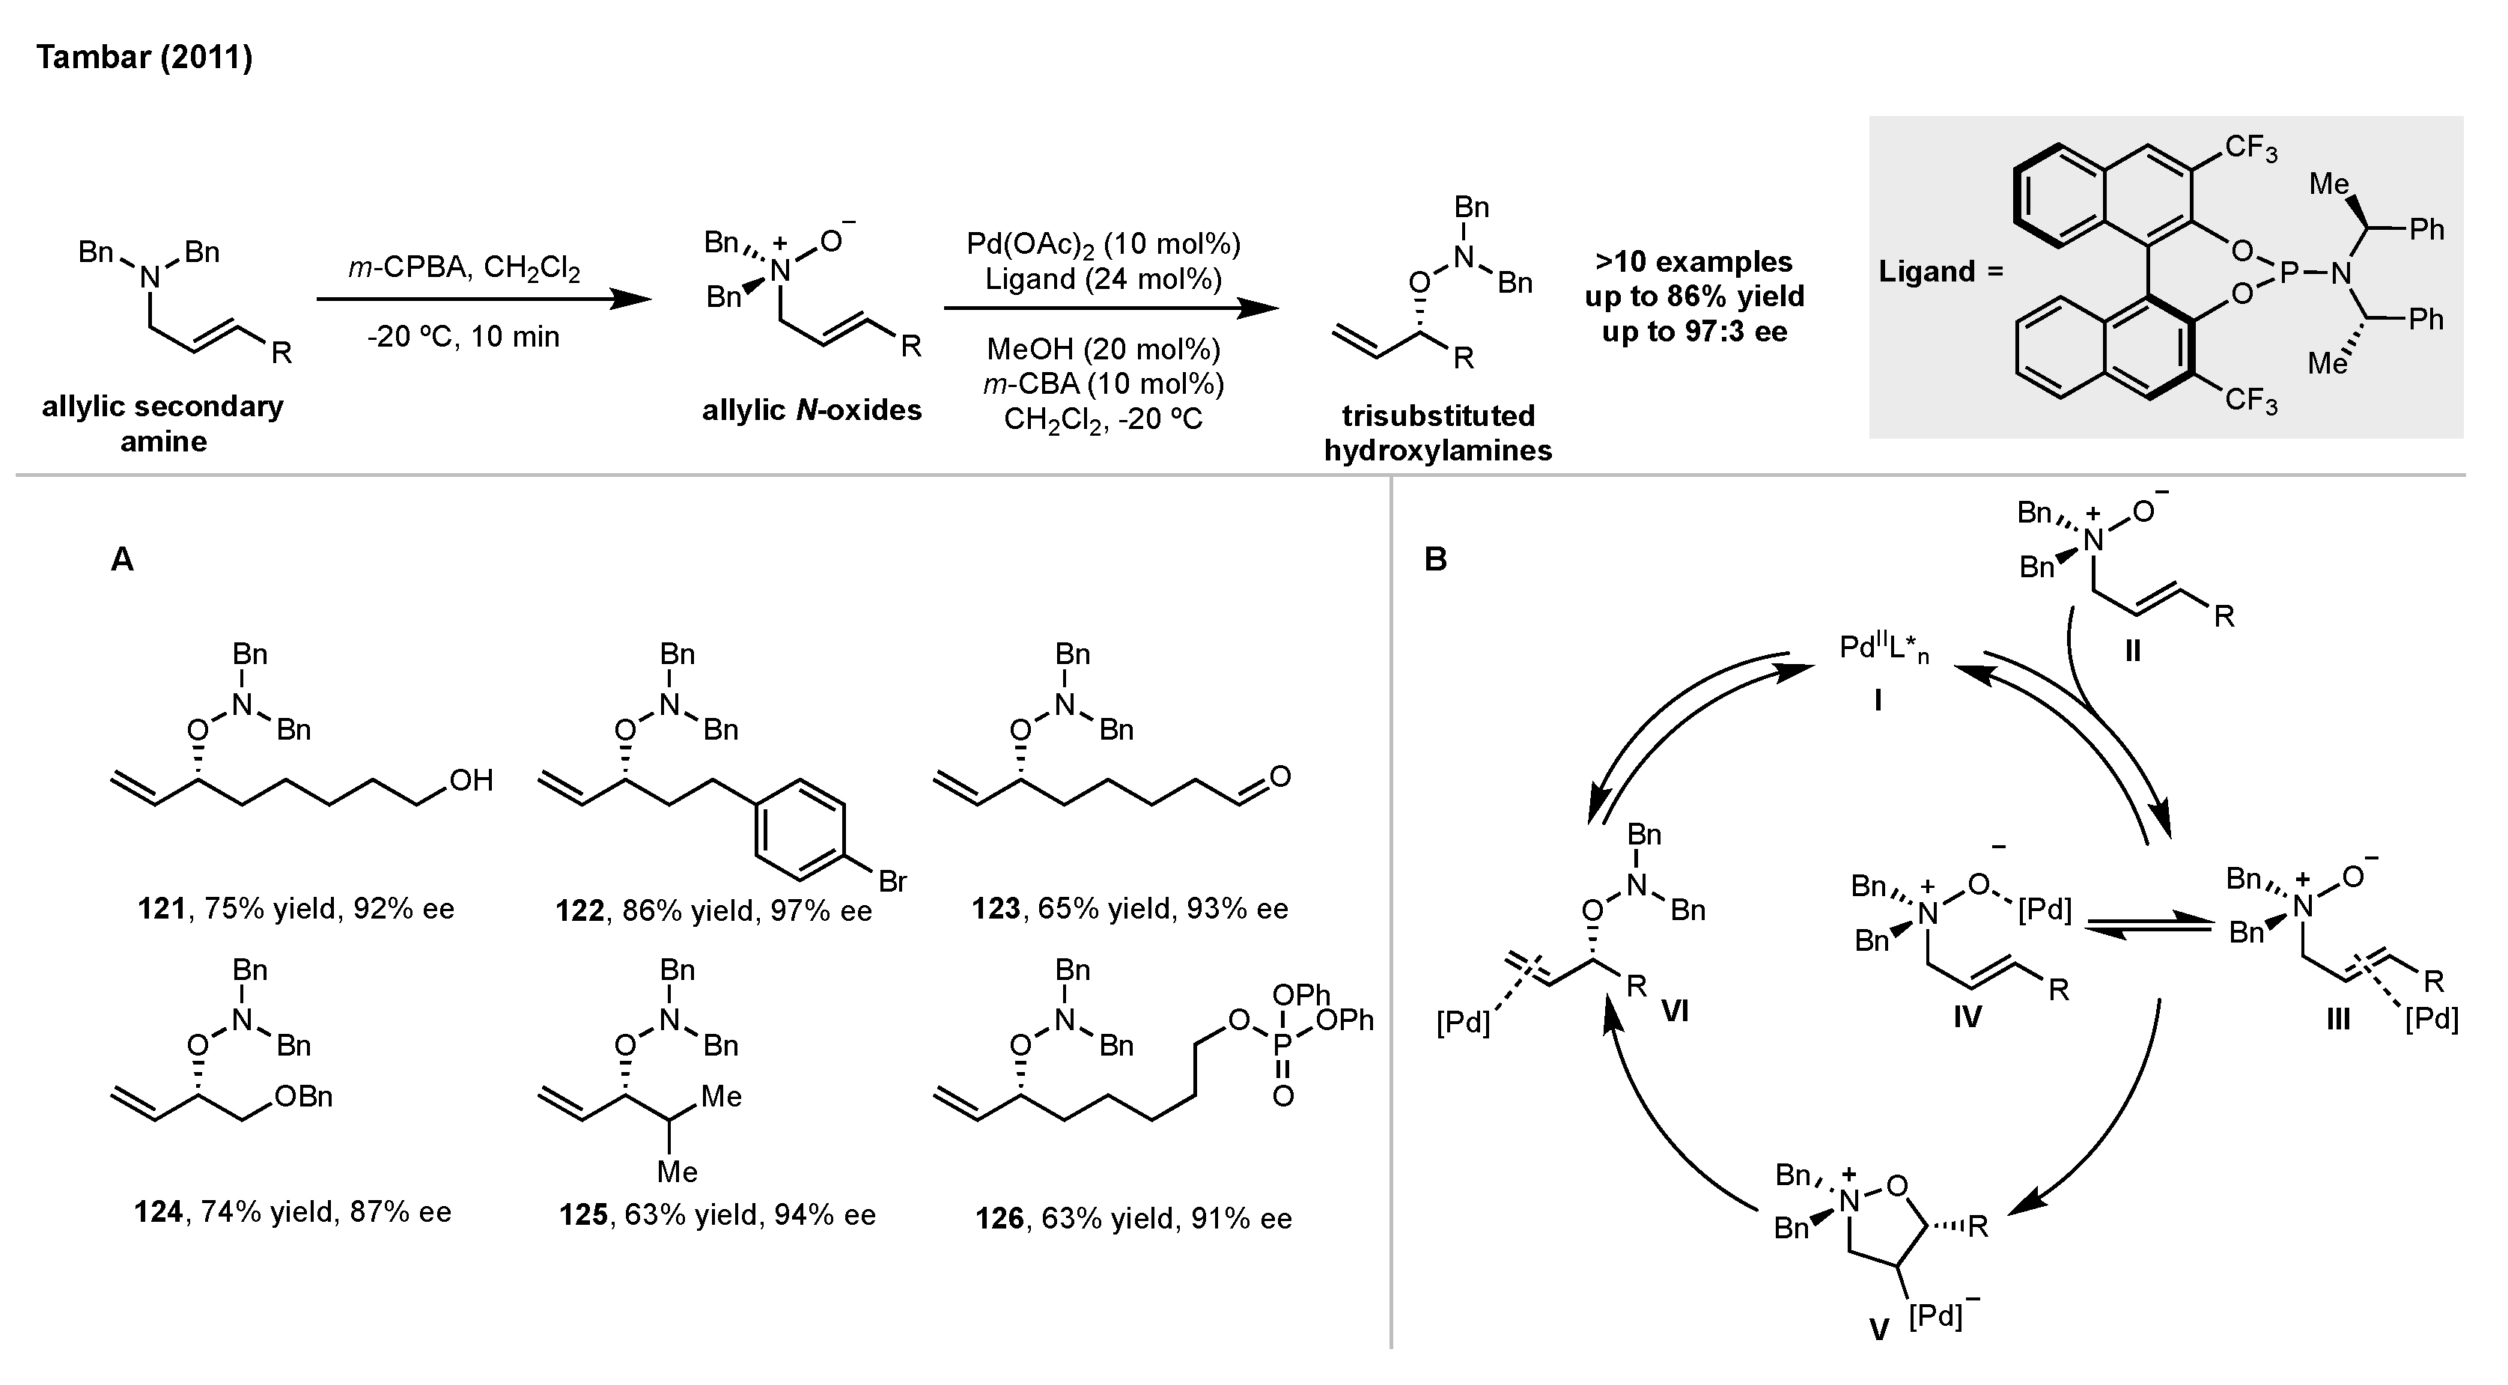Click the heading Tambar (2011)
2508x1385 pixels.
144,58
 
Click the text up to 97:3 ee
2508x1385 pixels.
1694,332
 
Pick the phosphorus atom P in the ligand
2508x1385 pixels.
2288,273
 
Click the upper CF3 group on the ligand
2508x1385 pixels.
2250,149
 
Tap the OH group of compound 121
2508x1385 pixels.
470,781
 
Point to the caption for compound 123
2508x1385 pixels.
1130,909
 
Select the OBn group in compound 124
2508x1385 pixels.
305,1097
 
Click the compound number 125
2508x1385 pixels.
583,1214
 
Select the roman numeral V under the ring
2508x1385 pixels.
1879,1330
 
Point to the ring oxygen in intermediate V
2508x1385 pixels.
1895,1184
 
